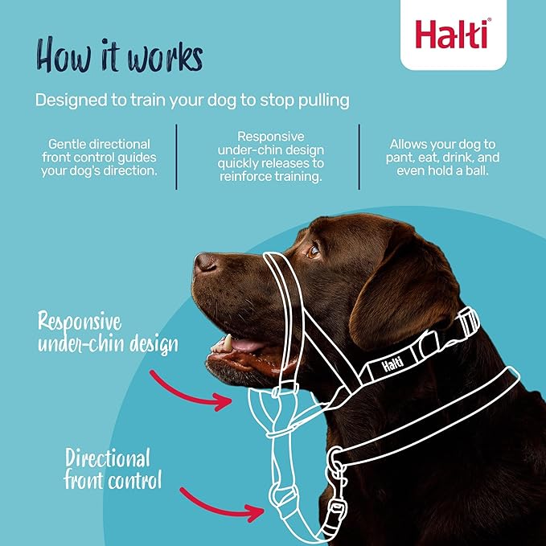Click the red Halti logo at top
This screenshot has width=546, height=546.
pos(453,34)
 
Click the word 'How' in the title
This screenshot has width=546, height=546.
pos(64,55)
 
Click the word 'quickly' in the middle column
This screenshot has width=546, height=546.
pos(237,164)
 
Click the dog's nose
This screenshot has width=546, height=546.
pos(205,263)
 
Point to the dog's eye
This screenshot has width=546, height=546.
pos(313,251)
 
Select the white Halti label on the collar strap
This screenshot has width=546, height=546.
pos(392,364)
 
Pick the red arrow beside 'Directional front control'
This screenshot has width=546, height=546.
pos(221,505)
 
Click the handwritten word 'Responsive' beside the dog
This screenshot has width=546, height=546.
pos(80,322)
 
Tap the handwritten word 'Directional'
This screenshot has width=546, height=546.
pos(108,458)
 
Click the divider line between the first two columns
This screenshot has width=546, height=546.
pos(177,157)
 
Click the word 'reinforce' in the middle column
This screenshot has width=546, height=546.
pos(245,177)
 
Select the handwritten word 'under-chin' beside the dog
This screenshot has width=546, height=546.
pos(81,344)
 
